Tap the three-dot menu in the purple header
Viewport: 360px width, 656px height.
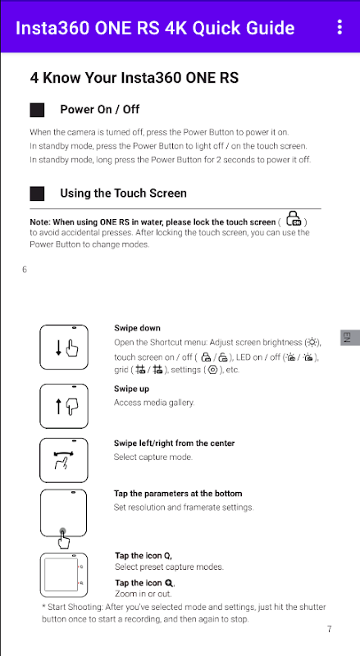click(339, 27)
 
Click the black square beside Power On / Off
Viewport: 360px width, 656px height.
click(37, 110)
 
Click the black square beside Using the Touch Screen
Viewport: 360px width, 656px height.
click(37, 194)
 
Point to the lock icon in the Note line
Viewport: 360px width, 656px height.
click(294, 219)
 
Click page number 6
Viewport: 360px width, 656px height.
click(25, 270)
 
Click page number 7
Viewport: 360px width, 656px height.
click(330, 629)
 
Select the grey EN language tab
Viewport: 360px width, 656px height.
click(350, 337)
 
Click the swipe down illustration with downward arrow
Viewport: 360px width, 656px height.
click(64, 347)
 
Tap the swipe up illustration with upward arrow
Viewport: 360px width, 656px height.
click(64, 406)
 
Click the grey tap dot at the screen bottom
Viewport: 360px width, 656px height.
click(63, 531)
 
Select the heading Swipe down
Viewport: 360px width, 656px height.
click(137, 328)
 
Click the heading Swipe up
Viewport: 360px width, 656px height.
click(131, 389)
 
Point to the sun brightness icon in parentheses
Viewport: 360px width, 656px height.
click(312, 343)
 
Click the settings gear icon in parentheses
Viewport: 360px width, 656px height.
click(212, 370)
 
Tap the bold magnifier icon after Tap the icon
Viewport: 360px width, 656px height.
click(169, 582)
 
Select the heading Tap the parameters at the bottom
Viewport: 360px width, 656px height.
click(178, 494)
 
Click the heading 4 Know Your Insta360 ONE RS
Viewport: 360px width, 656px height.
click(134, 78)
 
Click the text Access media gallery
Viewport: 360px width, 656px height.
click(154, 403)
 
